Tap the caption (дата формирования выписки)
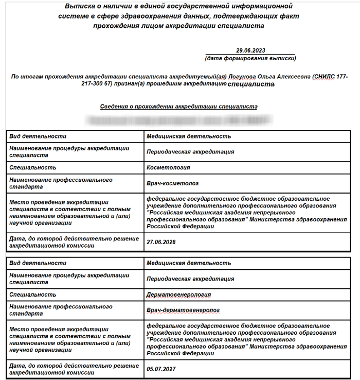click(250, 58)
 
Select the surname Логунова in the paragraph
click(242, 76)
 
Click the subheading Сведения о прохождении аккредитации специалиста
click(178, 106)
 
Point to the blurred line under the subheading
click(180, 120)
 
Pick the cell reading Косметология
click(168, 167)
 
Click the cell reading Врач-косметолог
click(172, 183)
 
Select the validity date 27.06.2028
click(161, 241)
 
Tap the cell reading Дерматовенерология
click(178, 295)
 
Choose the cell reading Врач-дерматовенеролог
click(183, 310)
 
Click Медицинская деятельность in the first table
click(188, 136)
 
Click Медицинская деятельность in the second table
click(188, 263)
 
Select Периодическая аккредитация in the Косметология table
click(190, 152)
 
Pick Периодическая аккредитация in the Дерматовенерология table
click(190, 279)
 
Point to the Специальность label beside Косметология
click(32, 167)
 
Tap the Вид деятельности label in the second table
click(38, 263)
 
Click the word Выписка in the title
click(80, 7)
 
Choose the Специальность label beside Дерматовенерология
click(32, 295)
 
